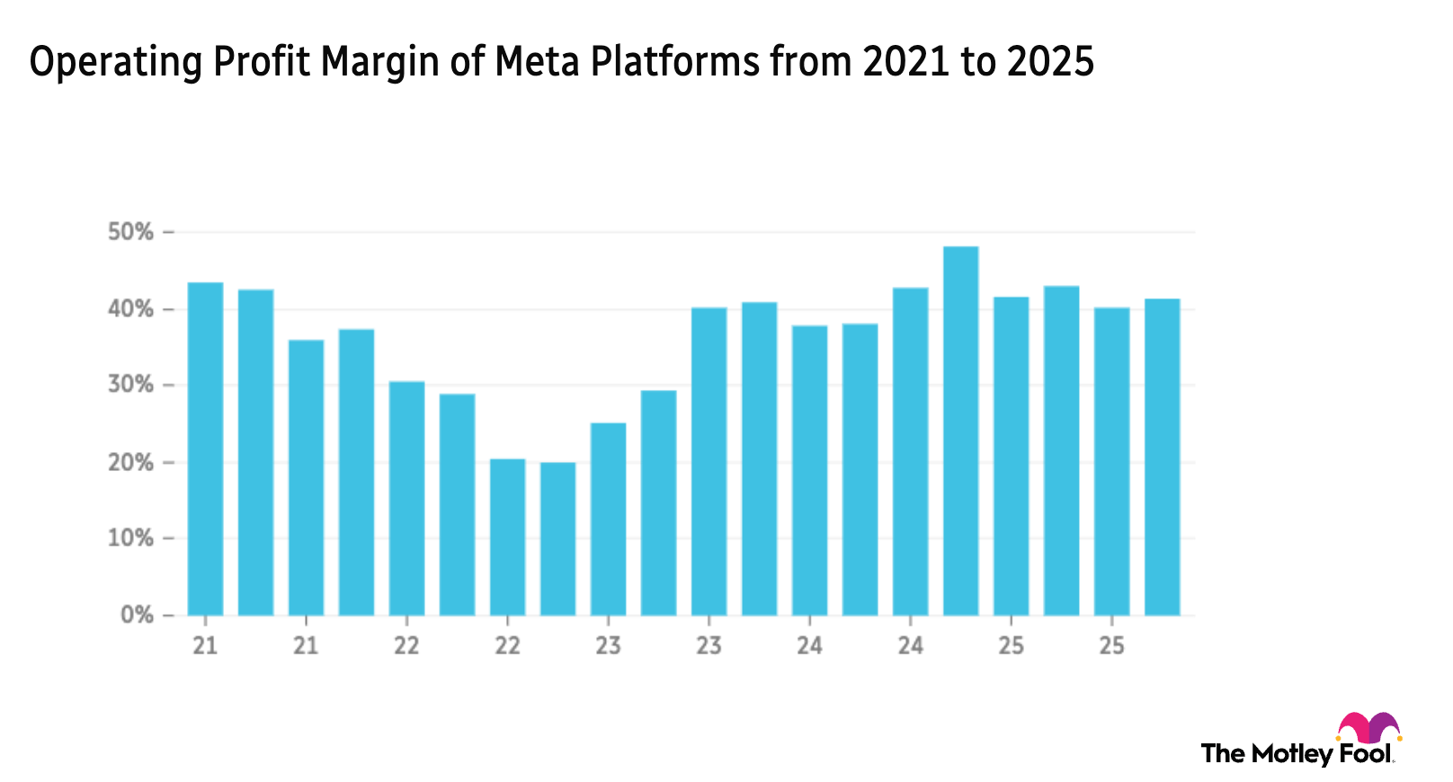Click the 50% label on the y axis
click(x=131, y=233)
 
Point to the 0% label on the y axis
click(x=137, y=618)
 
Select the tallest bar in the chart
click(x=960, y=431)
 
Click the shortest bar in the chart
click(x=558, y=539)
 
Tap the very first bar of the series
click(x=205, y=449)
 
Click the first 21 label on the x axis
click(x=205, y=645)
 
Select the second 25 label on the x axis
click(x=1111, y=645)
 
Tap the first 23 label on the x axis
click(x=609, y=645)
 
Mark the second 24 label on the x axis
click(x=910, y=645)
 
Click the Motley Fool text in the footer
click(x=1295, y=754)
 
